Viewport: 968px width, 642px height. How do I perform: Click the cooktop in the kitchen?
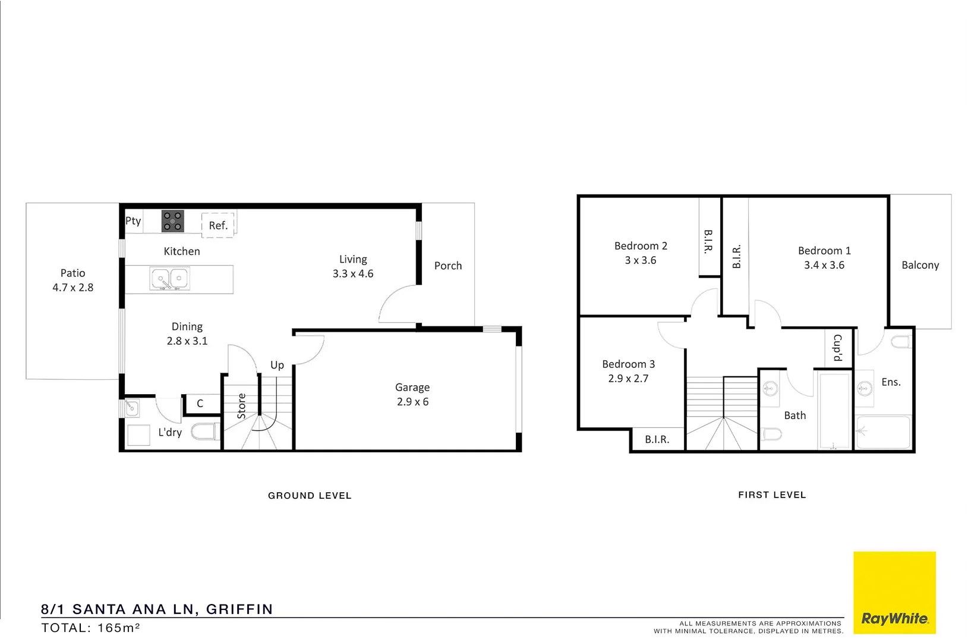(x=173, y=221)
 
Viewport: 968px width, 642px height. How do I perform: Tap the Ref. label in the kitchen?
(x=218, y=226)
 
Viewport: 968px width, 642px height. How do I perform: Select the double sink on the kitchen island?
(x=170, y=279)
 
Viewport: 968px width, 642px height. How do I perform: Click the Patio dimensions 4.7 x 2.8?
(x=72, y=288)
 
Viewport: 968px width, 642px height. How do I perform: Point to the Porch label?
(x=448, y=266)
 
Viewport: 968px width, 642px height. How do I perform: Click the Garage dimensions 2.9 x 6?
(x=412, y=402)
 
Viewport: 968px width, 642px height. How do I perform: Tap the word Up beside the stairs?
(x=277, y=365)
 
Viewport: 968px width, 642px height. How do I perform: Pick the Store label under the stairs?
(x=242, y=406)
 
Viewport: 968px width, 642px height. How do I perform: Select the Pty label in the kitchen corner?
(x=133, y=221)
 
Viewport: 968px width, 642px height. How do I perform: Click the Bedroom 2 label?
(x=641, y=246)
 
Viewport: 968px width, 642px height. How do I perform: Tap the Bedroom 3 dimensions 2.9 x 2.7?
(x=628, y=379)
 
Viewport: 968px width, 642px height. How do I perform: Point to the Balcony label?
(x=920, y=265)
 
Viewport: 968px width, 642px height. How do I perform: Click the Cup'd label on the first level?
(x=838, y=348)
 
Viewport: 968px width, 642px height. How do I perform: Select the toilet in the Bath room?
(x=771, y=435)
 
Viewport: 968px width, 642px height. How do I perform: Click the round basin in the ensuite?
(x=865, y=389)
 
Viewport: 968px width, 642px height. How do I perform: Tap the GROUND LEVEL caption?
(x=310, y=496)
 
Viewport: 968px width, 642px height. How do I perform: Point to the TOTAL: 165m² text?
(x=90, y=628)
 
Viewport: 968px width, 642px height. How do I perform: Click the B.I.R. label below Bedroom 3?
(x=657, y=440)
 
